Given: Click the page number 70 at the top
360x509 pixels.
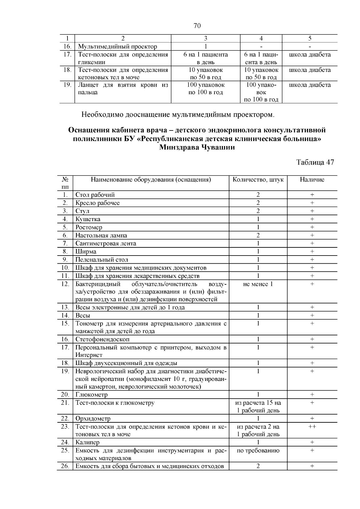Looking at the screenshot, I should click(x=197, y=26).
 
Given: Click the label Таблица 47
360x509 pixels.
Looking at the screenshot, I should click(x=315, y=162).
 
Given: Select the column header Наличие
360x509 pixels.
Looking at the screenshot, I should click(x=312, y=180).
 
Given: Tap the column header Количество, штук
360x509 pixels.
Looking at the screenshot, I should click(x=258, y=180).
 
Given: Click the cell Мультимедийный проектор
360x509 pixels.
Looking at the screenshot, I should click(x=118, y=46).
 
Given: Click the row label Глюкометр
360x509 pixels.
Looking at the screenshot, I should click(x=91, y=395).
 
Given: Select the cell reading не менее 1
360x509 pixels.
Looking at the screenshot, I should click(x=258, y=284).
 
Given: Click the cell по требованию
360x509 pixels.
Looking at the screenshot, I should click(x=258, y=451).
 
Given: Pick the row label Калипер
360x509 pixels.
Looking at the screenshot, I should click(x=87, y=442).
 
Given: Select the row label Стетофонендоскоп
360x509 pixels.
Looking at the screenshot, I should click(x=103, y=340).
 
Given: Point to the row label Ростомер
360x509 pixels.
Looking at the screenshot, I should click(x=89, y=227).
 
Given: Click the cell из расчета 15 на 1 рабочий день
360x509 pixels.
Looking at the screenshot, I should click(x=258, y=406).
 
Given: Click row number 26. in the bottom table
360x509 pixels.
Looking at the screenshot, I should click(x=65, y=466).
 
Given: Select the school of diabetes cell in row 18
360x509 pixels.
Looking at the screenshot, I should click(x=310, y=70).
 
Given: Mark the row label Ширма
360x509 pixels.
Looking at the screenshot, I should click(x=86, y=252).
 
